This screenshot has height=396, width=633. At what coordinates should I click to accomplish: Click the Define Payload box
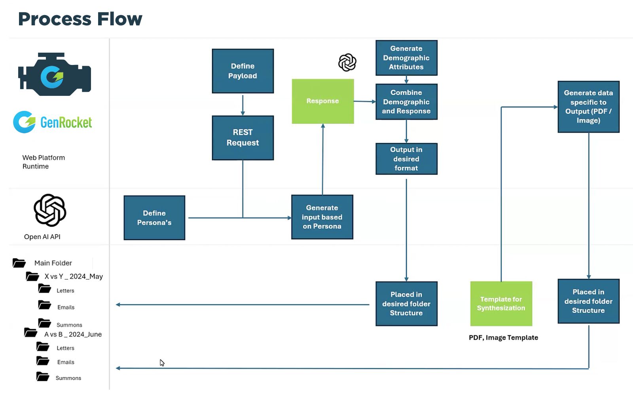pyautogui.click(x=243, y=71)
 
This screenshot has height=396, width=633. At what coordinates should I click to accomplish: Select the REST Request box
pyautogui.click(x=243, y=138)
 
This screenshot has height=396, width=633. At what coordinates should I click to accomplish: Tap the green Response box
pyautogui.click(x=322, y=101)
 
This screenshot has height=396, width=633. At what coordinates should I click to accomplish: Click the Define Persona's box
pyautogui.click(x=154, y=218)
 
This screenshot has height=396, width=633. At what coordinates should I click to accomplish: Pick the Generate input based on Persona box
pyautogui.click(x=322, y=217)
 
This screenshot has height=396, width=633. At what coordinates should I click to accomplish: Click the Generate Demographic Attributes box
pyautogui.click(x=406, y=58)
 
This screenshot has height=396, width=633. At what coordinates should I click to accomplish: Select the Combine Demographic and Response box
pyautogui.click(x=406, y=102)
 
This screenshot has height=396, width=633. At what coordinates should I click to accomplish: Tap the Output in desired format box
pyautogui.click(x=406, y=159)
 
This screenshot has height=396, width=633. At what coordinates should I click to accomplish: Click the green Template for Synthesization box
pyautogui.click(x=501, y=304)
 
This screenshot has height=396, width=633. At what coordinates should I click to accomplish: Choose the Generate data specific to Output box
pyautogui.click(x=588, y=107)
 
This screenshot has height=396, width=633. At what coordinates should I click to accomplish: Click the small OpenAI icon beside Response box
pyautogui.click(x=347, y=63)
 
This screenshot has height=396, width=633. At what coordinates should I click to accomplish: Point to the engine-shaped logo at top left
pyautogui.click(x=55, y=74)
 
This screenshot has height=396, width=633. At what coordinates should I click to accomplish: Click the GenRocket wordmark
pyautogui.click(x=66, y=123)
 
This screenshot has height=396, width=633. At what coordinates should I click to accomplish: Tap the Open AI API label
pyautogui.click(x=42, y=237)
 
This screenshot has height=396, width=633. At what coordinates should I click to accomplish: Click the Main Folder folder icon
pyautogui.click(x=19, y=263)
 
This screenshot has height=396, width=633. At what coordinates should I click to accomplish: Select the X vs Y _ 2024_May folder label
pyautogui.click(x=74, y=276)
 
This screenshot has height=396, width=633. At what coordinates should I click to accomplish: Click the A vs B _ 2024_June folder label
pyautogui.click(x=73, y=334)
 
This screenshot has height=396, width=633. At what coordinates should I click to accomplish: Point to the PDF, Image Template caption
pyautogui.click(x=503, y=338)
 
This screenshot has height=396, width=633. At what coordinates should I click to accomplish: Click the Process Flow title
pyautogui.click(x=80, y=19)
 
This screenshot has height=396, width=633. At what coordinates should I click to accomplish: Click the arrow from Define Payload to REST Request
pyautogui.click(x=243, y=105)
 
